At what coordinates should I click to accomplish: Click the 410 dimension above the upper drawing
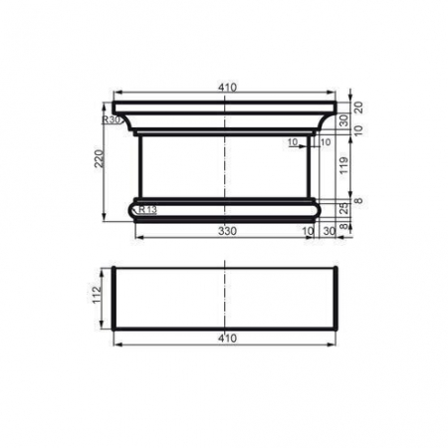226,89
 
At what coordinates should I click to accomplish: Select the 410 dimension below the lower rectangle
226,337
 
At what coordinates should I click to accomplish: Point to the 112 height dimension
100,298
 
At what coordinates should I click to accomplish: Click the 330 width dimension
226,231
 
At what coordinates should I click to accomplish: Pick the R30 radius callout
112,119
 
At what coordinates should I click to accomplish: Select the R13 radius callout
147,210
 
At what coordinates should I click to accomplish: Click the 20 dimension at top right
358,107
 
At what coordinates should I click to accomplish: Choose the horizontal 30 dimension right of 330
330,231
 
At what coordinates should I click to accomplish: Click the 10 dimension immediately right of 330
309,231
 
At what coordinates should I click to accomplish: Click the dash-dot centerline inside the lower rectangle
226,298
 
